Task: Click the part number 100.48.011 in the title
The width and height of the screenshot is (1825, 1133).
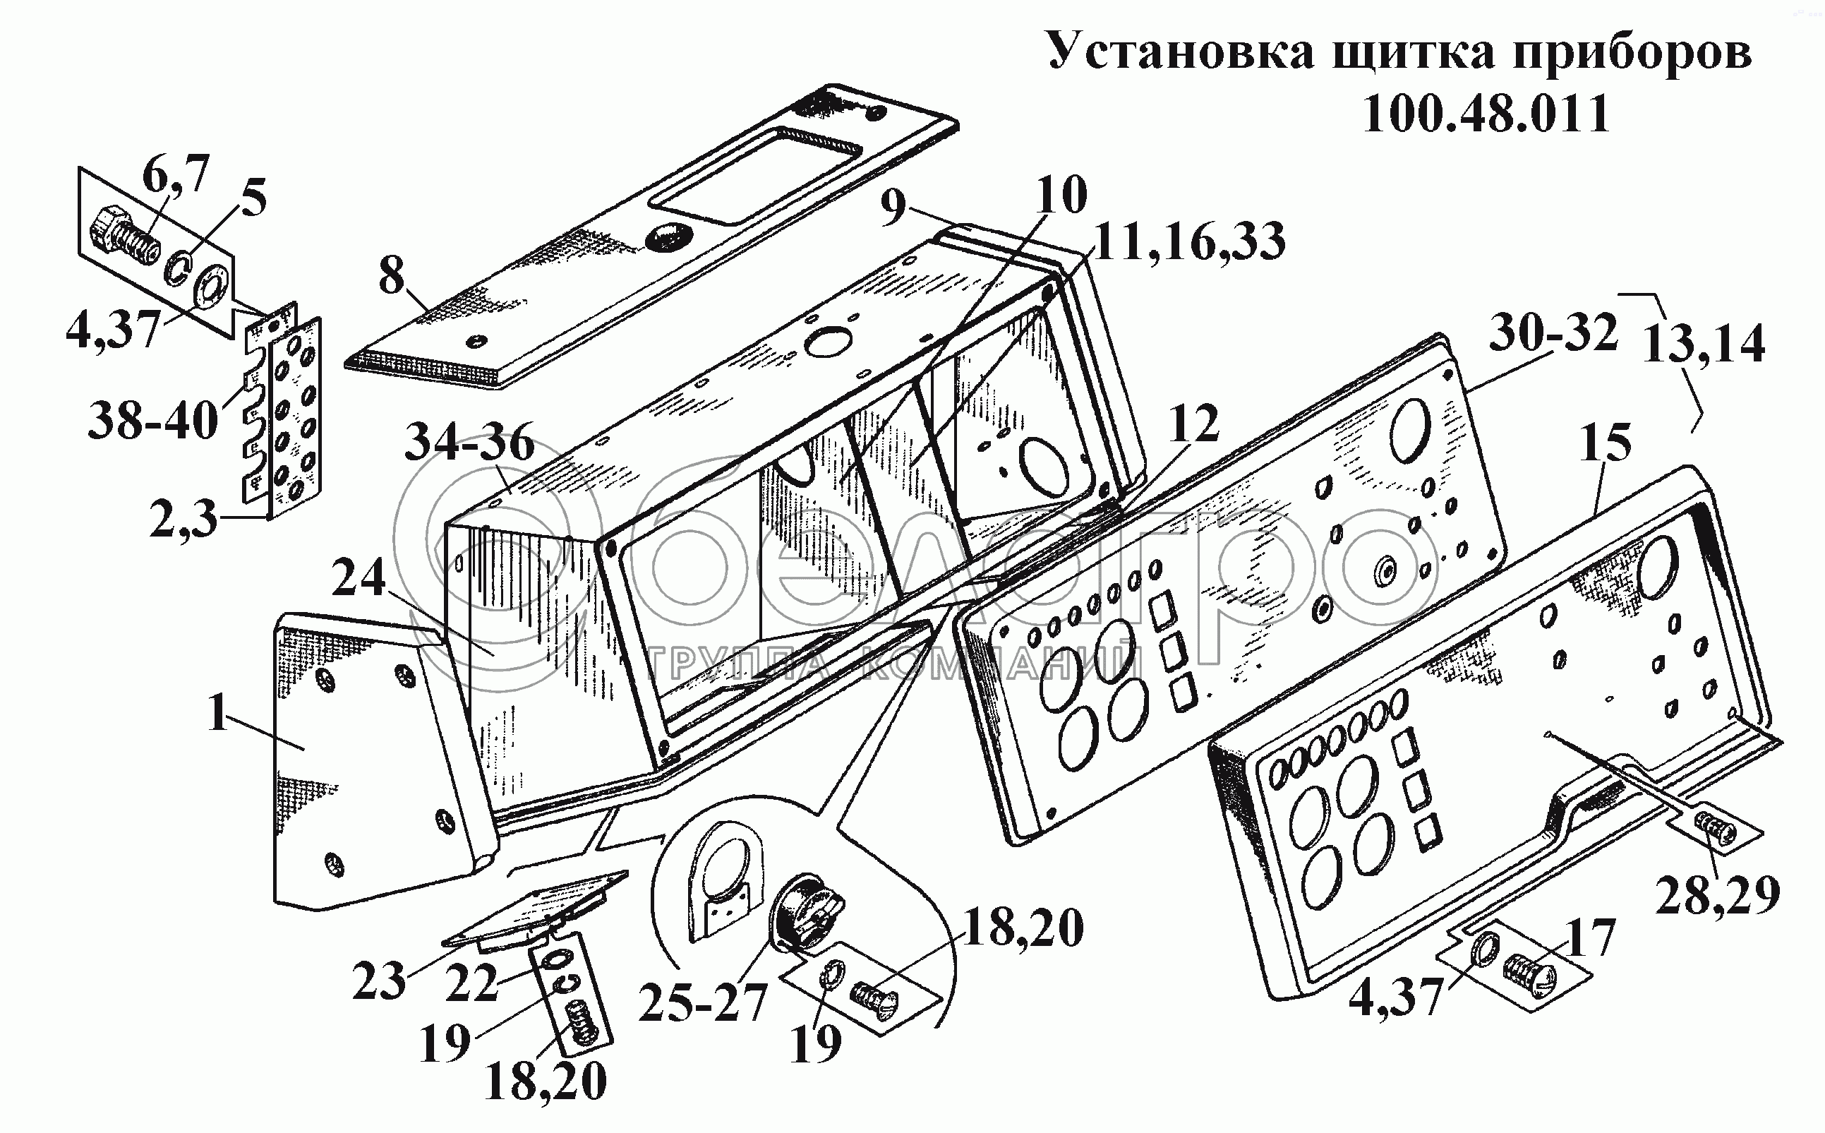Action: click(1486, 114)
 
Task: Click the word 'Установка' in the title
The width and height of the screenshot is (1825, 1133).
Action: click(1180, 52)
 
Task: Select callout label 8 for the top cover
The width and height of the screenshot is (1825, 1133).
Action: click(391, 277)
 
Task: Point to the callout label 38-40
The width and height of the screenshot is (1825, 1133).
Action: click(154, 421)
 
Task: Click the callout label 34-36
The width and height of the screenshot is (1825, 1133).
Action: click(470, 443)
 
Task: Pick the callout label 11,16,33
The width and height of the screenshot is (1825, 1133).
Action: click(1189, 241)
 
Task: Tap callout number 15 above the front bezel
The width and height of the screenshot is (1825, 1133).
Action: click(1606, 442)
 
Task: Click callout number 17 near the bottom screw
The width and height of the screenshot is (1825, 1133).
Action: click(1589, 938)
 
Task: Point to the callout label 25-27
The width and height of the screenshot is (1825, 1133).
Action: click(703, 1000)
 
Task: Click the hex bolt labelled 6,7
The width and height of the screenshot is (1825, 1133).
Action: click(124, 234)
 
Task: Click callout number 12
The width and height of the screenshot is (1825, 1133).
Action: click(1194, 424)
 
